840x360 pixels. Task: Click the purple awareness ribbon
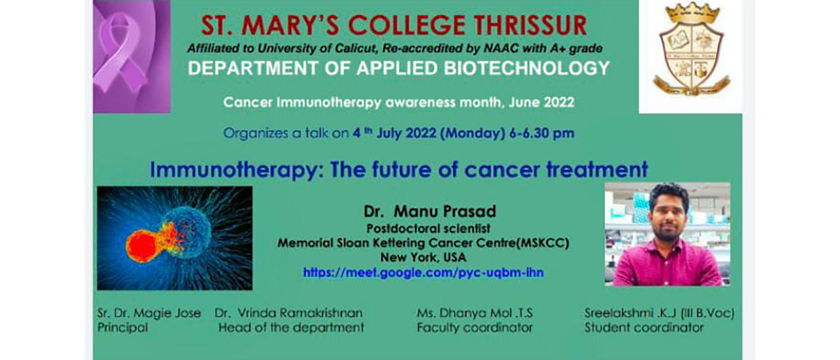(120, 53)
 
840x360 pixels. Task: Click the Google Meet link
(424, 272)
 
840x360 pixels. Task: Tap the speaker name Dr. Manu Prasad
(430, 211)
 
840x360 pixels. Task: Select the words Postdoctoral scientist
(428, 229)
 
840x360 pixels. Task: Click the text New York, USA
(424, 257)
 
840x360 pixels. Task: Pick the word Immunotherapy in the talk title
(233, 170)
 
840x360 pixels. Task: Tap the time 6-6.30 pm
(541, 133)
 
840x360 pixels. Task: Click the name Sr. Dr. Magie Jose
(149, 313)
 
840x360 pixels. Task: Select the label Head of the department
(291, 328)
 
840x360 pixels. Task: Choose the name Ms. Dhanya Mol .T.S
(475, 313)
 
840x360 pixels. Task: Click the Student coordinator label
(644, 328)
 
